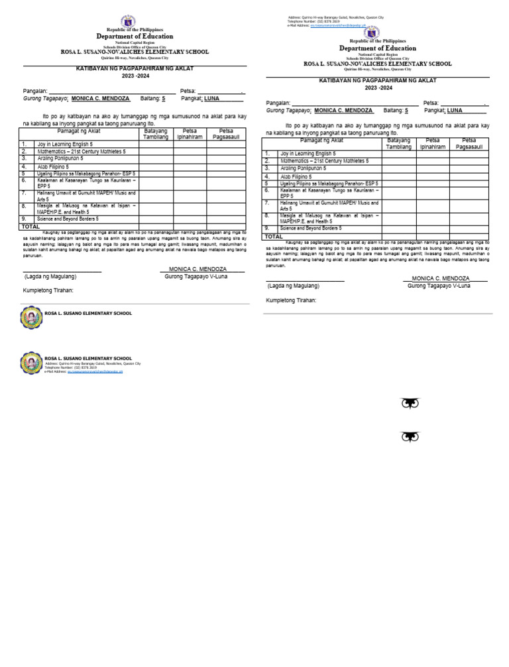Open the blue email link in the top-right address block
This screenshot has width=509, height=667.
337,25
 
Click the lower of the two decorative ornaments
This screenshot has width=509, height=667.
410,436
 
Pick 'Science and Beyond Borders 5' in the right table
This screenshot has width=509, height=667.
311,228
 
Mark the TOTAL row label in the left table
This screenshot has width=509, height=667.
30,227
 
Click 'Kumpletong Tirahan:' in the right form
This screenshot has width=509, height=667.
291,300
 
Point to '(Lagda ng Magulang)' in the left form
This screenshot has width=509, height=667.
50,276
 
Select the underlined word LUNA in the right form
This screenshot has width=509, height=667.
455,111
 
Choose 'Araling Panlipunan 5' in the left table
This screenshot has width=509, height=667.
60,158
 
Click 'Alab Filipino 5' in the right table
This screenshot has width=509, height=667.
296,177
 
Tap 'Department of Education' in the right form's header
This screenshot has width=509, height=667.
378,48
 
